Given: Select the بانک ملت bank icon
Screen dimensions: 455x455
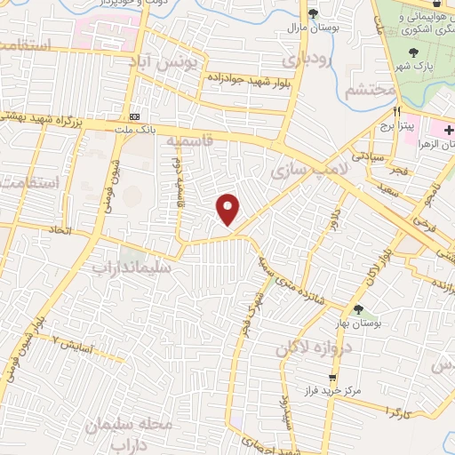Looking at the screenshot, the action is (x=134, y=116).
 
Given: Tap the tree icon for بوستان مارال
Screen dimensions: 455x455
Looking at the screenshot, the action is (x=312, y=13).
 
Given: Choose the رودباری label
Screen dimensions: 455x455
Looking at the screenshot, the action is (x=310, y=60).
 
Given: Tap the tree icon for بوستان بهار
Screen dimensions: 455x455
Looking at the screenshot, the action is (x=358, y=309).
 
